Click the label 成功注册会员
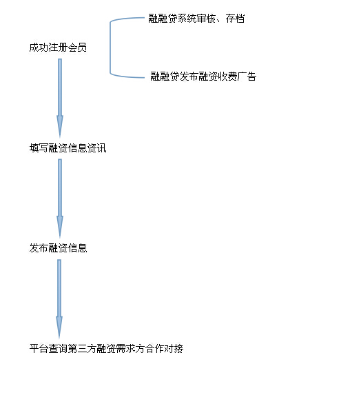(x=58, y=48)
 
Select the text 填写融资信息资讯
(x=68, y=148)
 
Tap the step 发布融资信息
(x=58, y=248)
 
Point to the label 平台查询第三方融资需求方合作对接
(x=106, y=348)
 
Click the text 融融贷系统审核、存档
(x=196, y=19)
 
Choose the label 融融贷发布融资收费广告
(x=203, y=76)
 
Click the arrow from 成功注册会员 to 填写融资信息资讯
(x=60, y=98)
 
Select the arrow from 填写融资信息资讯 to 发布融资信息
(x=60, y=198)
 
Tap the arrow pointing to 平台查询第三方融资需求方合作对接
(x=59, y=298)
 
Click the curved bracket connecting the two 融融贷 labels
(x=110, y=48)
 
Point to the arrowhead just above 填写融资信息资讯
(x=60, y=126)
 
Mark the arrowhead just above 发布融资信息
(x=60, y=226)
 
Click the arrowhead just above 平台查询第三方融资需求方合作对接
(x=59, y=327)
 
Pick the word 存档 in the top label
(x=235, y=19)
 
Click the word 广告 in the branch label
(x=247, y=76)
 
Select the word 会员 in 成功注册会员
(x=77, y=48)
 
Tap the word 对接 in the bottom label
(x=174, y=348)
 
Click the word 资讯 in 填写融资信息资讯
(x=97, y=148)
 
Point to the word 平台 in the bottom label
(x=39, y=348)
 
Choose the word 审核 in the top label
(x=206, y=19)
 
